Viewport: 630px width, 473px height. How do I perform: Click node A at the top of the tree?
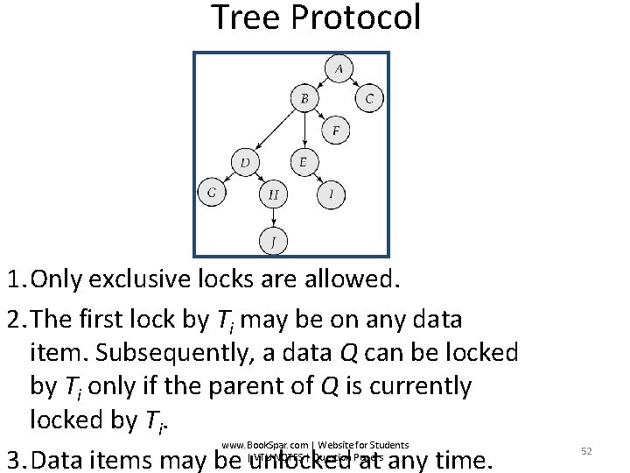point(338,68)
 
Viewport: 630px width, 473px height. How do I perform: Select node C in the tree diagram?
point(369,99)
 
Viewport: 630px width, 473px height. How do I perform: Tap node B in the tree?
point(304,99)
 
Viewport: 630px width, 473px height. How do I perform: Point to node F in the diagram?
point(335,131)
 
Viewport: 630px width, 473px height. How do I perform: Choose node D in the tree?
point(245,162)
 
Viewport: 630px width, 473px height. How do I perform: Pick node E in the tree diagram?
point(303,162)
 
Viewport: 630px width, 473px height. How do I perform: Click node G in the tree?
point(211,192)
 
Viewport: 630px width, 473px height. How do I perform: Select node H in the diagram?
point(273,194)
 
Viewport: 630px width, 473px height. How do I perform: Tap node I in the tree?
point(330,194)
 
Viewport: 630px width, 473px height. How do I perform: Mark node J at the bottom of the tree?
point(273,240)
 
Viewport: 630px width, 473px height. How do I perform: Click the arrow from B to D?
point(274,131)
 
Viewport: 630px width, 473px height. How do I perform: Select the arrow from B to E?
point(304,131)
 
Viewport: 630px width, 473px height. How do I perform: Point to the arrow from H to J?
point(273,216)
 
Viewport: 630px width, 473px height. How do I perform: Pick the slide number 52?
point(587,450)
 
